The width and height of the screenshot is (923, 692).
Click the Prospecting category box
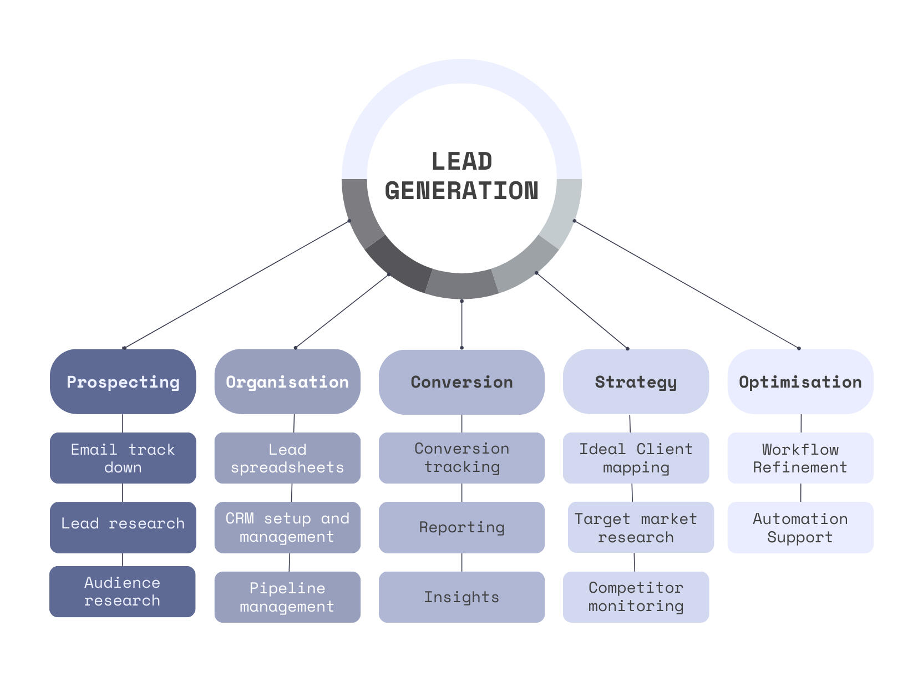(x=123, y=381)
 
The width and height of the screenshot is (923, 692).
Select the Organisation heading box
(x=287, y=381)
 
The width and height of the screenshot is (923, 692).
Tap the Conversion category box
(x=461, y=382)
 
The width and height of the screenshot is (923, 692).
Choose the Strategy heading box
(x=636, y=381)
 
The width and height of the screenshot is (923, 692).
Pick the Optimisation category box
(x=800, y=381)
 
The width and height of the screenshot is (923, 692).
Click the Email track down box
(x=123, y=458)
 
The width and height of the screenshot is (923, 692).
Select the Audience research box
(x=122, y=592)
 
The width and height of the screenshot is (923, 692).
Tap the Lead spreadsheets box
(x=287, y=458)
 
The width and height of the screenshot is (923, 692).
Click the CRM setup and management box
(x=287, y=527)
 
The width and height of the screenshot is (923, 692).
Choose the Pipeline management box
(x=287, y=597)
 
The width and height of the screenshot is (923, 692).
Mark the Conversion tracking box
(x=461, y=458)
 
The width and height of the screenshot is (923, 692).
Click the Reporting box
(x=461, y=527)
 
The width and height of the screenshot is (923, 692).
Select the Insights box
(x=461, y=597)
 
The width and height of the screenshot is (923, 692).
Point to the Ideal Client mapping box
(x=636, y=458)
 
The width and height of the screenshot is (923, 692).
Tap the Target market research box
(x=641, y=527)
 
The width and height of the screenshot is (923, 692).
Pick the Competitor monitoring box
(x=636, y=597)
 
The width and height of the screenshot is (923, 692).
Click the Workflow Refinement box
(x=800, y=458)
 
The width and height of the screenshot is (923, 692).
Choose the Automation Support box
(x=800, y=527)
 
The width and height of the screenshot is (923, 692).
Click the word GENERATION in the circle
(x=461, y=191)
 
